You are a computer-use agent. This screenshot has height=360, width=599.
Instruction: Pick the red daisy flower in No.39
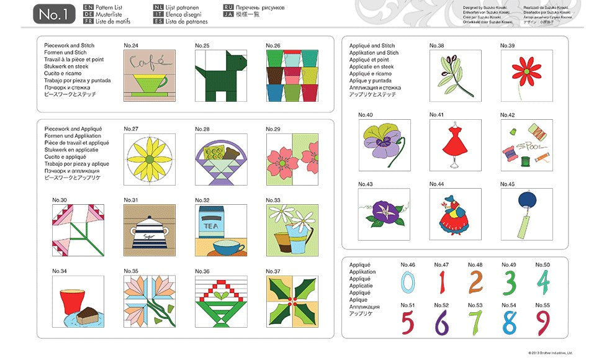click(526, 71)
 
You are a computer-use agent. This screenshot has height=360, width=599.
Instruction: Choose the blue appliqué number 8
click(509, 322)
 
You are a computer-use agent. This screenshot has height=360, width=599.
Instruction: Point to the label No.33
click(273, 200)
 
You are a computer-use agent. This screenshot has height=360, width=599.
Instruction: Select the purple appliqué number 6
click(441, 322)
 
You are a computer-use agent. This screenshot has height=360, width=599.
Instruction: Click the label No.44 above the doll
click(436, 184)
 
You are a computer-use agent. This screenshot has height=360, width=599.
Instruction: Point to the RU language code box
click(228, 7)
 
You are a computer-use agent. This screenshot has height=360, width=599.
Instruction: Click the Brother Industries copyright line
click(550, 353)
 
